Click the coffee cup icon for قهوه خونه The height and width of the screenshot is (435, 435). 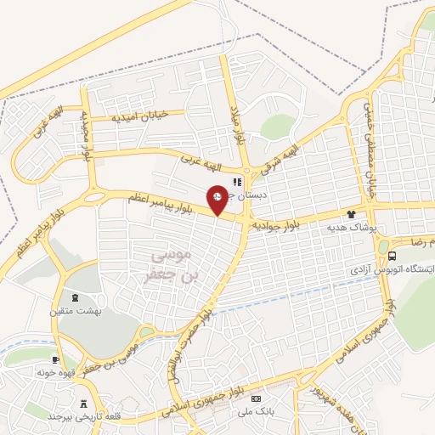coord(57,360)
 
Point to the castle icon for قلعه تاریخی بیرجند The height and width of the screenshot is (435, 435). coord(83,404)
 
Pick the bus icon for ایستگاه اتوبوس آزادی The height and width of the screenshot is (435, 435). coord(391,255)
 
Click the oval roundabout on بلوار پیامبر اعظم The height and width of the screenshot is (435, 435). coord(94,196)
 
